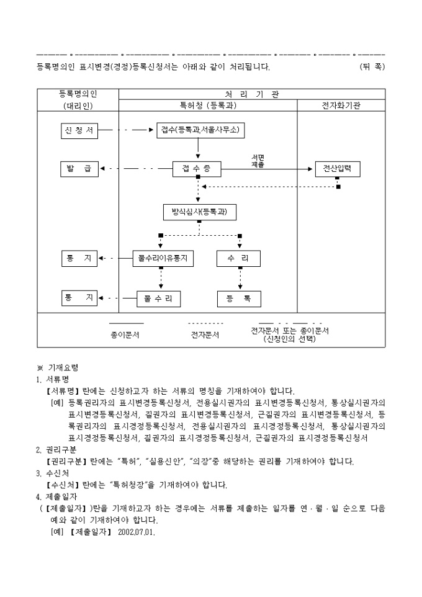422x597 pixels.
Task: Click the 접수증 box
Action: [x=197, y=168]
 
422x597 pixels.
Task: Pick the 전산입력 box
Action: [x=337, y=168]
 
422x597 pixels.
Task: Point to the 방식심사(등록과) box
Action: [x=199, y=212]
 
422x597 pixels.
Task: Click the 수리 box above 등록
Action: [x=239, y=258]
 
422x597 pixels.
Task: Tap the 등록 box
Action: [x=239, y=298]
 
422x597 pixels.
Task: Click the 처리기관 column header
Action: [x=251, y=94]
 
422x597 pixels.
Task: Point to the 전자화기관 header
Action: [x=341, y=105]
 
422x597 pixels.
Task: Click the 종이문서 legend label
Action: [x=125, y=334]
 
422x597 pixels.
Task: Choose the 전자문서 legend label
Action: [x=205, y=334]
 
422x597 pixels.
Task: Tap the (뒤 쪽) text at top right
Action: [x=372, y=66]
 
